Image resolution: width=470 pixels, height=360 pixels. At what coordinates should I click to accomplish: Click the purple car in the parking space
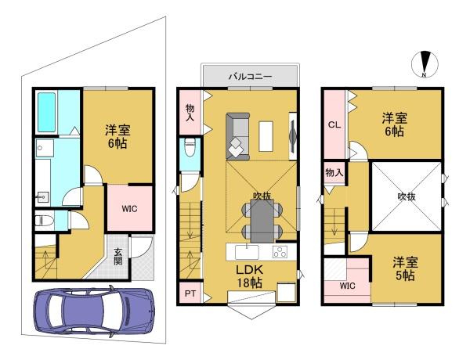(x=94, y=311)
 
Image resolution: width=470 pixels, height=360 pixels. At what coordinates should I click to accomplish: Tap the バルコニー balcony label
(x=251, y=76)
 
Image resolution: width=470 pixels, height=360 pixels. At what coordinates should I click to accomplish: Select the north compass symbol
(x=425, y=64)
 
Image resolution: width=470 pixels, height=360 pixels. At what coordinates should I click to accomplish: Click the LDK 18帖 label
(x=249, y=276)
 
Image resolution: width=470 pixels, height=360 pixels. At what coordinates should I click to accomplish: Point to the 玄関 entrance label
(x=118, y=257)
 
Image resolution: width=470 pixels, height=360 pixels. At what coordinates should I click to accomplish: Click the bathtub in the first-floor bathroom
(x=47, y=113)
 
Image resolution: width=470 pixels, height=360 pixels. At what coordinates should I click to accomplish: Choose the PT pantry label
(x=190, y=293)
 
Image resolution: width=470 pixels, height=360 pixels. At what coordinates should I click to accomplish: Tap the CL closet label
(x=334, y=124)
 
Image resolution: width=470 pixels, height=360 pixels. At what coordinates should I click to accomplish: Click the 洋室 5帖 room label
(x=405, y=268)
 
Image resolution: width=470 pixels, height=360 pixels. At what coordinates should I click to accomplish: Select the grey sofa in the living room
(x=237, y=137)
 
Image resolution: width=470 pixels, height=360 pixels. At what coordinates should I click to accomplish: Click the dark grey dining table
(x=262, y=221)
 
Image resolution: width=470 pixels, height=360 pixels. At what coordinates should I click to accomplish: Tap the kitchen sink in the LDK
(x=247, y=252)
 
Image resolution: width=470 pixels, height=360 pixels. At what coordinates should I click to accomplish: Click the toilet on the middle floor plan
(x=190, y=147)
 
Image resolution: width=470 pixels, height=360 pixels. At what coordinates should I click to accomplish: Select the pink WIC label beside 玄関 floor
(x=129, y=208)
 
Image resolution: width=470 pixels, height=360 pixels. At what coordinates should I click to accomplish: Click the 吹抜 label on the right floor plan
(x=407, y=196)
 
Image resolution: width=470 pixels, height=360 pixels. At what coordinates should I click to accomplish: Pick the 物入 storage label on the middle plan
(x=190, y=113)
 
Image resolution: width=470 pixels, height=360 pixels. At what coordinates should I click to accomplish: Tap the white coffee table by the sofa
(x=266, y=136)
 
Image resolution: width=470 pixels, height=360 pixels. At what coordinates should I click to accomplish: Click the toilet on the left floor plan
(x=45, y=221)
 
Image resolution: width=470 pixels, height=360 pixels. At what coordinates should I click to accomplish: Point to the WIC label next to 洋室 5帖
(x=347, y=286)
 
